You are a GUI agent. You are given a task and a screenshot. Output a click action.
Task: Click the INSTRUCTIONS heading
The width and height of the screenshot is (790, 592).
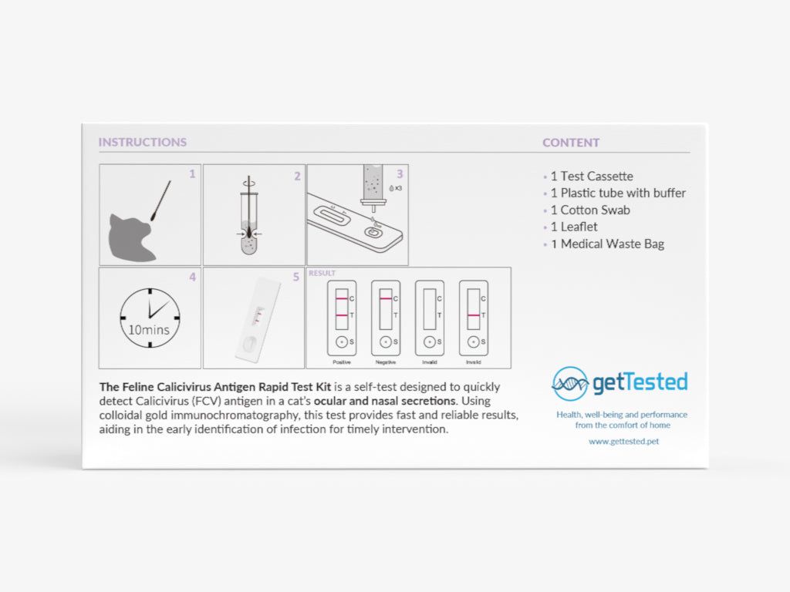click(142, 143)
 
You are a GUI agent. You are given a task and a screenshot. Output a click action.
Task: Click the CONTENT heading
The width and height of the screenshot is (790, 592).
click(570, 143)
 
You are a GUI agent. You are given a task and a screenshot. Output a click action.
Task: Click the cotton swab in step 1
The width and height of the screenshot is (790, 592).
click(160, 197)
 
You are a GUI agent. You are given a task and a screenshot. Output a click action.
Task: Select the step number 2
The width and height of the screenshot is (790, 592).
click(297, 176)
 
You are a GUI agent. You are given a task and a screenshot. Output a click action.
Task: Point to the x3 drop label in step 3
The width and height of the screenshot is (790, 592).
click(397, 188)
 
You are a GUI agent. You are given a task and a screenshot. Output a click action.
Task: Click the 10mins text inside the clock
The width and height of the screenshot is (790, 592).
click(149, 330)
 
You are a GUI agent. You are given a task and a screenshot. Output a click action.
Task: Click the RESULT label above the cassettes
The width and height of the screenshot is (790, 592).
click(322, 273)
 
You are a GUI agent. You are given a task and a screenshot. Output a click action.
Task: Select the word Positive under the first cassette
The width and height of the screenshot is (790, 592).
click(342, 362)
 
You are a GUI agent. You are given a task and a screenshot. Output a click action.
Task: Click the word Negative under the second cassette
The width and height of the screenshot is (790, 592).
click(386, 362)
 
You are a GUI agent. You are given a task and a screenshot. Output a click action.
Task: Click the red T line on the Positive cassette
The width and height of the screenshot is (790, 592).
click(340, 315)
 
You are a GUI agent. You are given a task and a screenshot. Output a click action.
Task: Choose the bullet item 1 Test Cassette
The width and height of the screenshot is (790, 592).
click(591, 177)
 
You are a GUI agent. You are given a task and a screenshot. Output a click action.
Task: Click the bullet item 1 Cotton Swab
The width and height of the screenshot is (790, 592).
click(589, 210)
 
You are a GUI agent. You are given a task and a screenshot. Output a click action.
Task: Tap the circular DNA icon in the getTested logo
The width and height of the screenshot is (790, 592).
click(570, 384)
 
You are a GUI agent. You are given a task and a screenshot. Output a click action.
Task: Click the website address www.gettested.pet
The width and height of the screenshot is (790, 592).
click(623, 442)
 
